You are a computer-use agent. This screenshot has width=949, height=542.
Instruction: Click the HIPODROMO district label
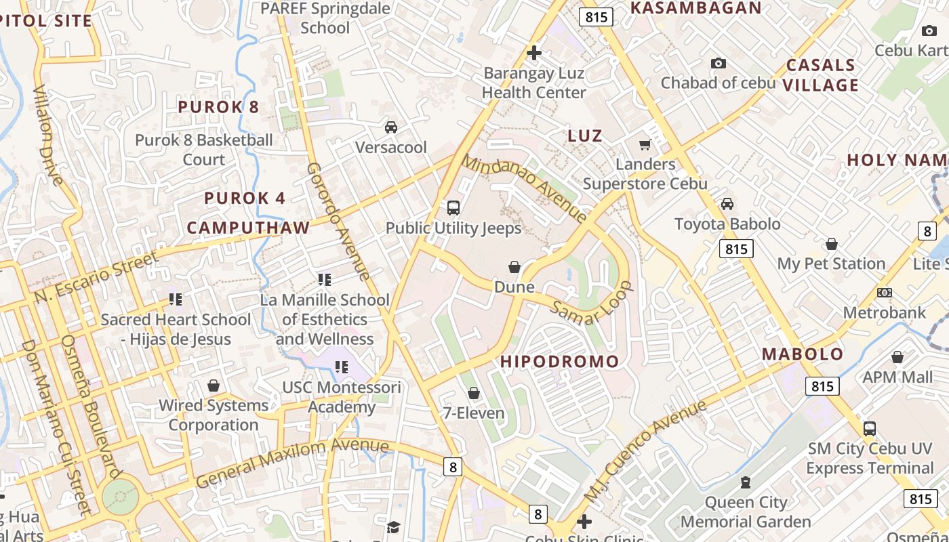tap(560, 362)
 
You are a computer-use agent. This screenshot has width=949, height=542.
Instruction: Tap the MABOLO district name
tap(803, 354)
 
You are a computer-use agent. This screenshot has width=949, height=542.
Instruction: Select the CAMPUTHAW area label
tap(248, 228)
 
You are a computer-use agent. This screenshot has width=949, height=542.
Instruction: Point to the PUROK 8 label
tap(218, 107)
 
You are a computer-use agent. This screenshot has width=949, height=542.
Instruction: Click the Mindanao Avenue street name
tap(525, 189)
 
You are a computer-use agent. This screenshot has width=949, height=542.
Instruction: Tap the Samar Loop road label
tap(591, 304)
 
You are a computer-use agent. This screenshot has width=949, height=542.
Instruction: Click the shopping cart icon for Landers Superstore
tap(645, 144)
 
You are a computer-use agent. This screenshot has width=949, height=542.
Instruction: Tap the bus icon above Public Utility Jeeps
tap(453, 207)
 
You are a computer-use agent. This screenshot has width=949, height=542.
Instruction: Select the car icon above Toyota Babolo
tap(727, 204)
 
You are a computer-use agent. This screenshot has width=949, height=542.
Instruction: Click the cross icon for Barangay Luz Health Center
tap(534, 53)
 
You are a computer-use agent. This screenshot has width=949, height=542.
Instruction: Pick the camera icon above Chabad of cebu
tap(719, 64)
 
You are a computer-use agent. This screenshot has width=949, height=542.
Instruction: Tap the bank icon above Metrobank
tap(884, 293)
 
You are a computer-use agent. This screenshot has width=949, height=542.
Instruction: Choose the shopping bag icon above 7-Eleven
tap(474, 393)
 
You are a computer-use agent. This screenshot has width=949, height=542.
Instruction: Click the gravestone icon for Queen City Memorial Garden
tap(746, 482)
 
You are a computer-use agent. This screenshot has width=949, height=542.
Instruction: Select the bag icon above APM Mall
tap(897, 357)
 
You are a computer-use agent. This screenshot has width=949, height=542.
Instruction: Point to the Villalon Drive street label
tap(47, 135)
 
